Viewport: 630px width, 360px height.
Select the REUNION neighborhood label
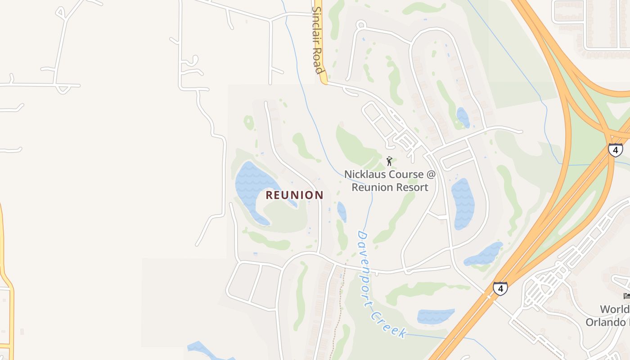[x=294, y=195]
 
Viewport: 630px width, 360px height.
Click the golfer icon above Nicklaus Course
[x=389, y=161]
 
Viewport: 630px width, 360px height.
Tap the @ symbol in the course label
[x=431, y=174]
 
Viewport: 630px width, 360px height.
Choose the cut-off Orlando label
[x=607, y=322]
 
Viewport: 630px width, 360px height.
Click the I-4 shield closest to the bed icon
[x=500, y=288]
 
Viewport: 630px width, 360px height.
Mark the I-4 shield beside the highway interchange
[x=615, y=149]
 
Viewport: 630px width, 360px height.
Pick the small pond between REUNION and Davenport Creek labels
[x=342, y=211]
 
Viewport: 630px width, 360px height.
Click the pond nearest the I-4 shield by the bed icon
[x=484, y=255]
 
